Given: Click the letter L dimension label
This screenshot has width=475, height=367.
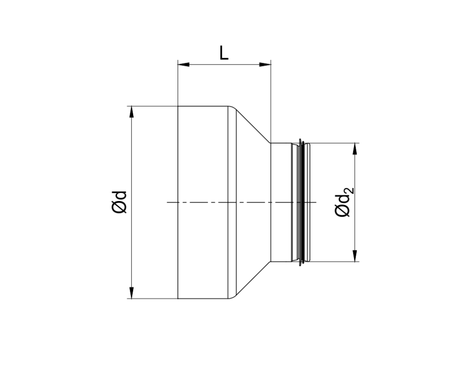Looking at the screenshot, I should [224, 53].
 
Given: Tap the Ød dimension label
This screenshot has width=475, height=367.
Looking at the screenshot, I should [119, 202].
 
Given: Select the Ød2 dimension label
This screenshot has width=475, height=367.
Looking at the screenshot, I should [344, 202].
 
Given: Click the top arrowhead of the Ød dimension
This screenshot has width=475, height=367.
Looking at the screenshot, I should [132, 112].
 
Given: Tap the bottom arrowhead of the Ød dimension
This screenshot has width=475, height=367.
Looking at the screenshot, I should [132, 293].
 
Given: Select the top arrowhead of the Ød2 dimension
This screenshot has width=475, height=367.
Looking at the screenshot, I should [355, 148].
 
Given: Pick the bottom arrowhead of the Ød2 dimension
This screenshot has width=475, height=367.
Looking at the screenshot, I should [355, 256].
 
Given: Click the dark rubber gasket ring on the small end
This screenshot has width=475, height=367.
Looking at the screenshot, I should [302, 202].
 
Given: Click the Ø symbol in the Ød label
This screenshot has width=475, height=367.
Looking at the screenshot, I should [119, 208].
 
